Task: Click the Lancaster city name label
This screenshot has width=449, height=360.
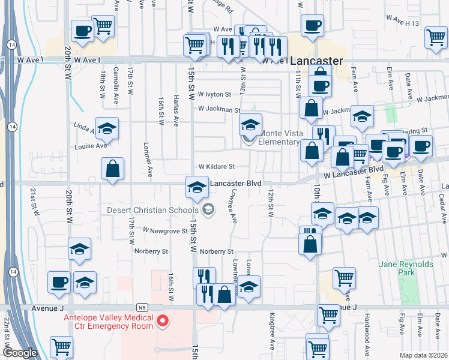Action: (x=316, y=61)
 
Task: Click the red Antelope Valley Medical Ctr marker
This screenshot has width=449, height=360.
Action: (x=161, y=322)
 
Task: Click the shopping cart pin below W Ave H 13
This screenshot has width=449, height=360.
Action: (x=436, y=37)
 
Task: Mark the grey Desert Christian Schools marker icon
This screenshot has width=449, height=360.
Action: (x=208, y=209)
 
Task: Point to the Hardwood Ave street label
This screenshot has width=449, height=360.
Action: (x=367, y=333)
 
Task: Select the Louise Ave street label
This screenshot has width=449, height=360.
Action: (x=90, y=146)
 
